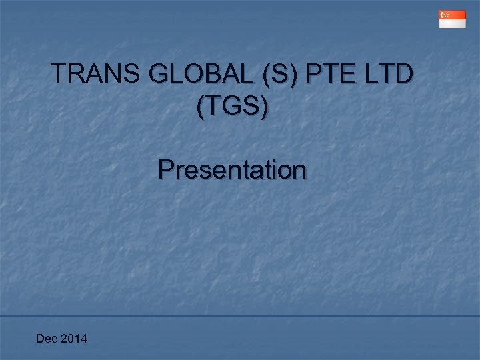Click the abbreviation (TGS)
tap(233, 107)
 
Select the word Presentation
tap(233, 170)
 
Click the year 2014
tap(73, 340)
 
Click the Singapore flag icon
tap(452, 19)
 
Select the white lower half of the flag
tap(452, 23)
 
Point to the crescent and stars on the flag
tap(444, 15)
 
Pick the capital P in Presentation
tap(166, 170)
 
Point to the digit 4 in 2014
tap(83, 340)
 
